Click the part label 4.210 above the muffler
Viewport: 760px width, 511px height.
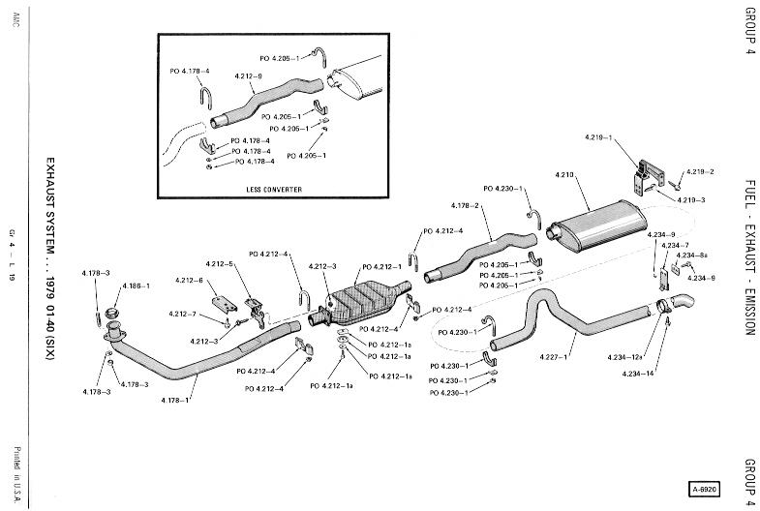pyautogui.click(x=565, y=174)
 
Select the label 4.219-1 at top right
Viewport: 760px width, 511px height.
pyautogui.click(x=596, y=138)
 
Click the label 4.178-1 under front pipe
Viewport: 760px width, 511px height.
pyautogui.click(x=175, y=400)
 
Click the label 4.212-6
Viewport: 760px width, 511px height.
pyautogui.click(x=189, y=281)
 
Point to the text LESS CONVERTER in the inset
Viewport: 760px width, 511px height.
pyautogui.click(x=276, y=189)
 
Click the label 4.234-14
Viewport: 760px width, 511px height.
pyautogui.click(x=638, y=373)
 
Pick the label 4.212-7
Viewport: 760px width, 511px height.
pyautogui.click(x=181, y=314)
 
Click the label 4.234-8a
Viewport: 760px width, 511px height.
pyautogui.click(x=692, y=255)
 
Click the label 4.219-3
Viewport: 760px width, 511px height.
pyautogui.click(x=689, y=199)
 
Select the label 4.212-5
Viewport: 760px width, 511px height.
pyautogui.click(x=219, y=263)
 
